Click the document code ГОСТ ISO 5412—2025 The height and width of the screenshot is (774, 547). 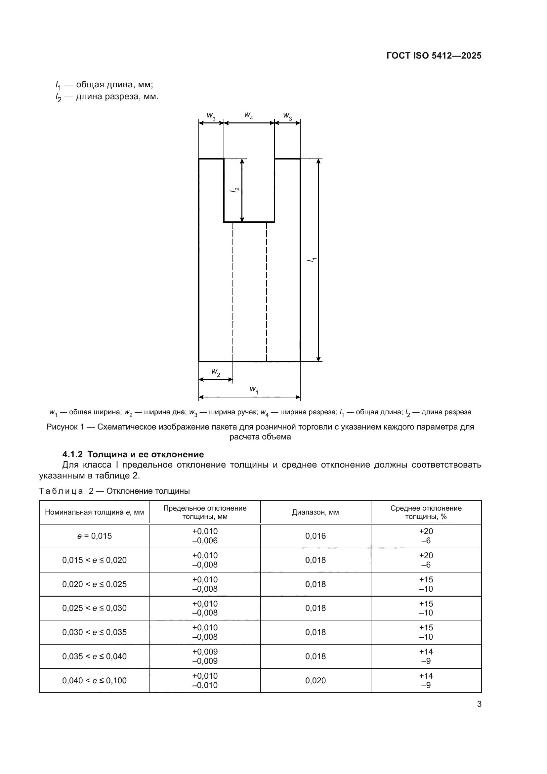(x=434, y=56)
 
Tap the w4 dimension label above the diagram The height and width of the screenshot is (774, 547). (x=249, y=115)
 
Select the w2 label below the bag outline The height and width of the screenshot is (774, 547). (x=216, y=372)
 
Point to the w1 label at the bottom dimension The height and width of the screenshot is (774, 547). (x=254, y=390)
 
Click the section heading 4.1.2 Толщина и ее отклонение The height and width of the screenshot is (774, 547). (x=133, y=454)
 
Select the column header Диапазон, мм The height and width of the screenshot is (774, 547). (x=315, y=512)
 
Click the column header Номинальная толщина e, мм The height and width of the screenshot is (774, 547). (x=94, y=512)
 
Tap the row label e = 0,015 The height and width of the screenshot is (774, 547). (x=94, y=536)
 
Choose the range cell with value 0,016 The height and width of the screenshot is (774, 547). (x=315, y=536)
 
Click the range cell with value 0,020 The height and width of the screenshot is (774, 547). (x=315, y=680)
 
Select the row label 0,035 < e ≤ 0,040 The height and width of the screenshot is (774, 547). (x=94, y=656)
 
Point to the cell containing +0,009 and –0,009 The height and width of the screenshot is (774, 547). (x=205, y=656)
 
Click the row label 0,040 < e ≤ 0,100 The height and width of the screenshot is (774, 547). (x=94, y=680)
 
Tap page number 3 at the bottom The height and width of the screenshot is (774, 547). (x=479, y=704)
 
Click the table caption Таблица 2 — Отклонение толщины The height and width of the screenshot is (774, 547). (x=114, y=491)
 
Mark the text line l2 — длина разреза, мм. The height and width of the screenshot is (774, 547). (x=107, y=97)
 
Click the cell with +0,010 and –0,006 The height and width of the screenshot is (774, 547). (x=205, y=536)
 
